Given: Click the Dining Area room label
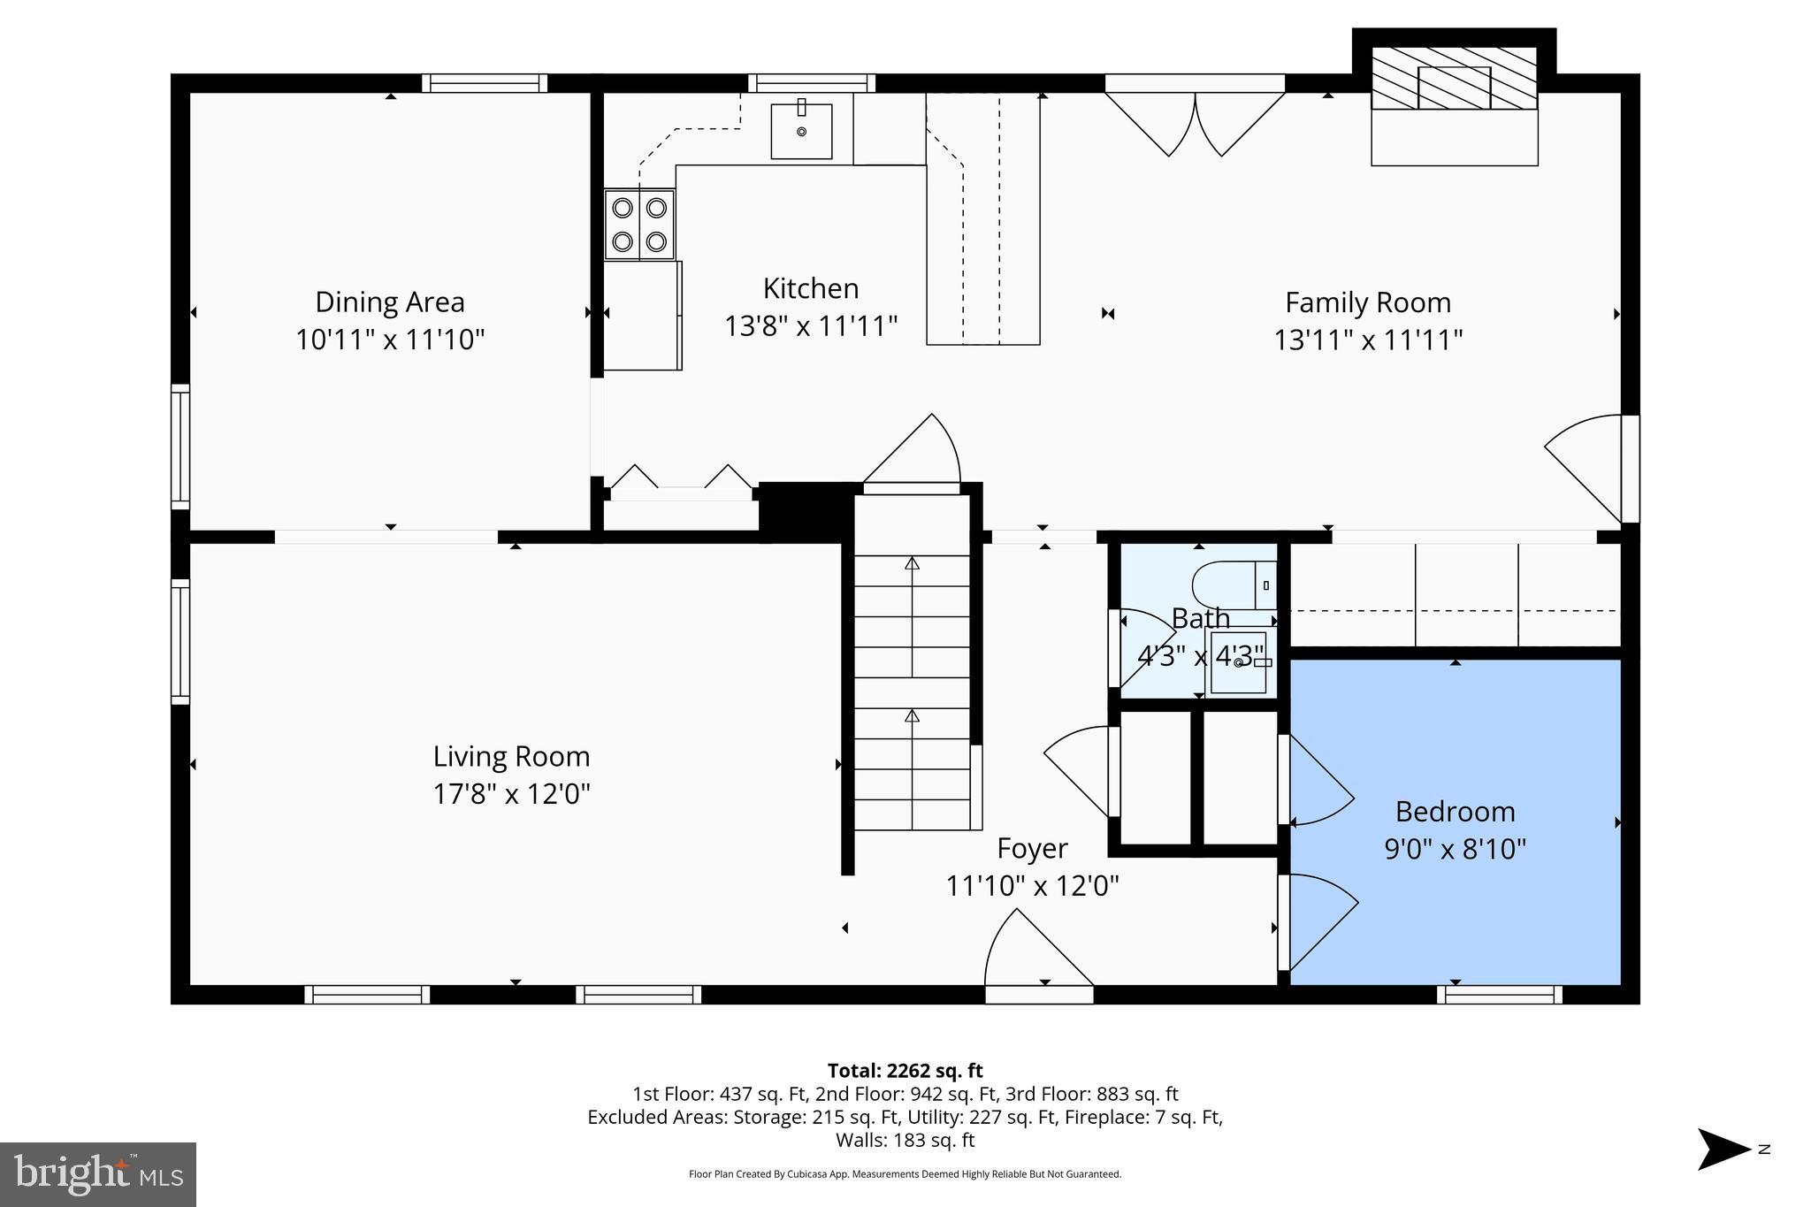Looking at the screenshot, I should [390, 302].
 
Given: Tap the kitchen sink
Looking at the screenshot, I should [801, 131].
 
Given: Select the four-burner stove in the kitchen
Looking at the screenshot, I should [639, 225].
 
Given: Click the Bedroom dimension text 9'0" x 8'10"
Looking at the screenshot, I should [1455, 850].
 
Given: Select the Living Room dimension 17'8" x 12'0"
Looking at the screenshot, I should [511, 794].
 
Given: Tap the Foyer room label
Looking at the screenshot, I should [1032, 849].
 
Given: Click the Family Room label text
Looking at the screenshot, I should [1367, 303].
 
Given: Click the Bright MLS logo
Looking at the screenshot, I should [98, 1174].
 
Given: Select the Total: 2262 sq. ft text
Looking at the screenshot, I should [905, 1071].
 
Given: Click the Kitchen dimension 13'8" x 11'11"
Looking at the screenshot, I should [811, 326].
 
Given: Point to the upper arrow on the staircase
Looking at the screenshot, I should [912, 563].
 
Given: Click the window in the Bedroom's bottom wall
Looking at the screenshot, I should [1499, 995].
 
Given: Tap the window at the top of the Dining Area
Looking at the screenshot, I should [484, 83].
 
